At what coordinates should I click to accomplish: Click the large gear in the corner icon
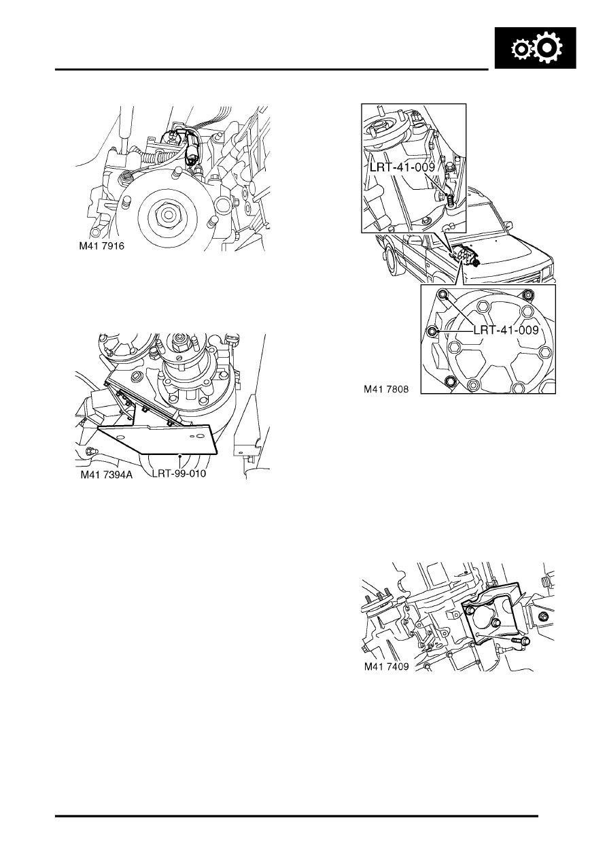coord(548,48)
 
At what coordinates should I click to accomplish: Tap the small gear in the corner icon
coord(521,50)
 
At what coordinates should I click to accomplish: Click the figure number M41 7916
coord(101,246)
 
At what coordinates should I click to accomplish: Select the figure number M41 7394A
coord(106,475)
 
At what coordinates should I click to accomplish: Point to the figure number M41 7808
coord(386,390)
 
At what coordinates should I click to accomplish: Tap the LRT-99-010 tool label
coord(179,473)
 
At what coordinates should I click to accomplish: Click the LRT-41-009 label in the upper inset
coord(402,167)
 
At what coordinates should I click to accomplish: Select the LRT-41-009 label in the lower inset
coord(506,330)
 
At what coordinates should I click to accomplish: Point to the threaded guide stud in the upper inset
coord(450,200)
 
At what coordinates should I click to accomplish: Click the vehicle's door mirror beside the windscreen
coord(413,240)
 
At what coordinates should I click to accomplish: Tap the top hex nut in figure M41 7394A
coord(179,339)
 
